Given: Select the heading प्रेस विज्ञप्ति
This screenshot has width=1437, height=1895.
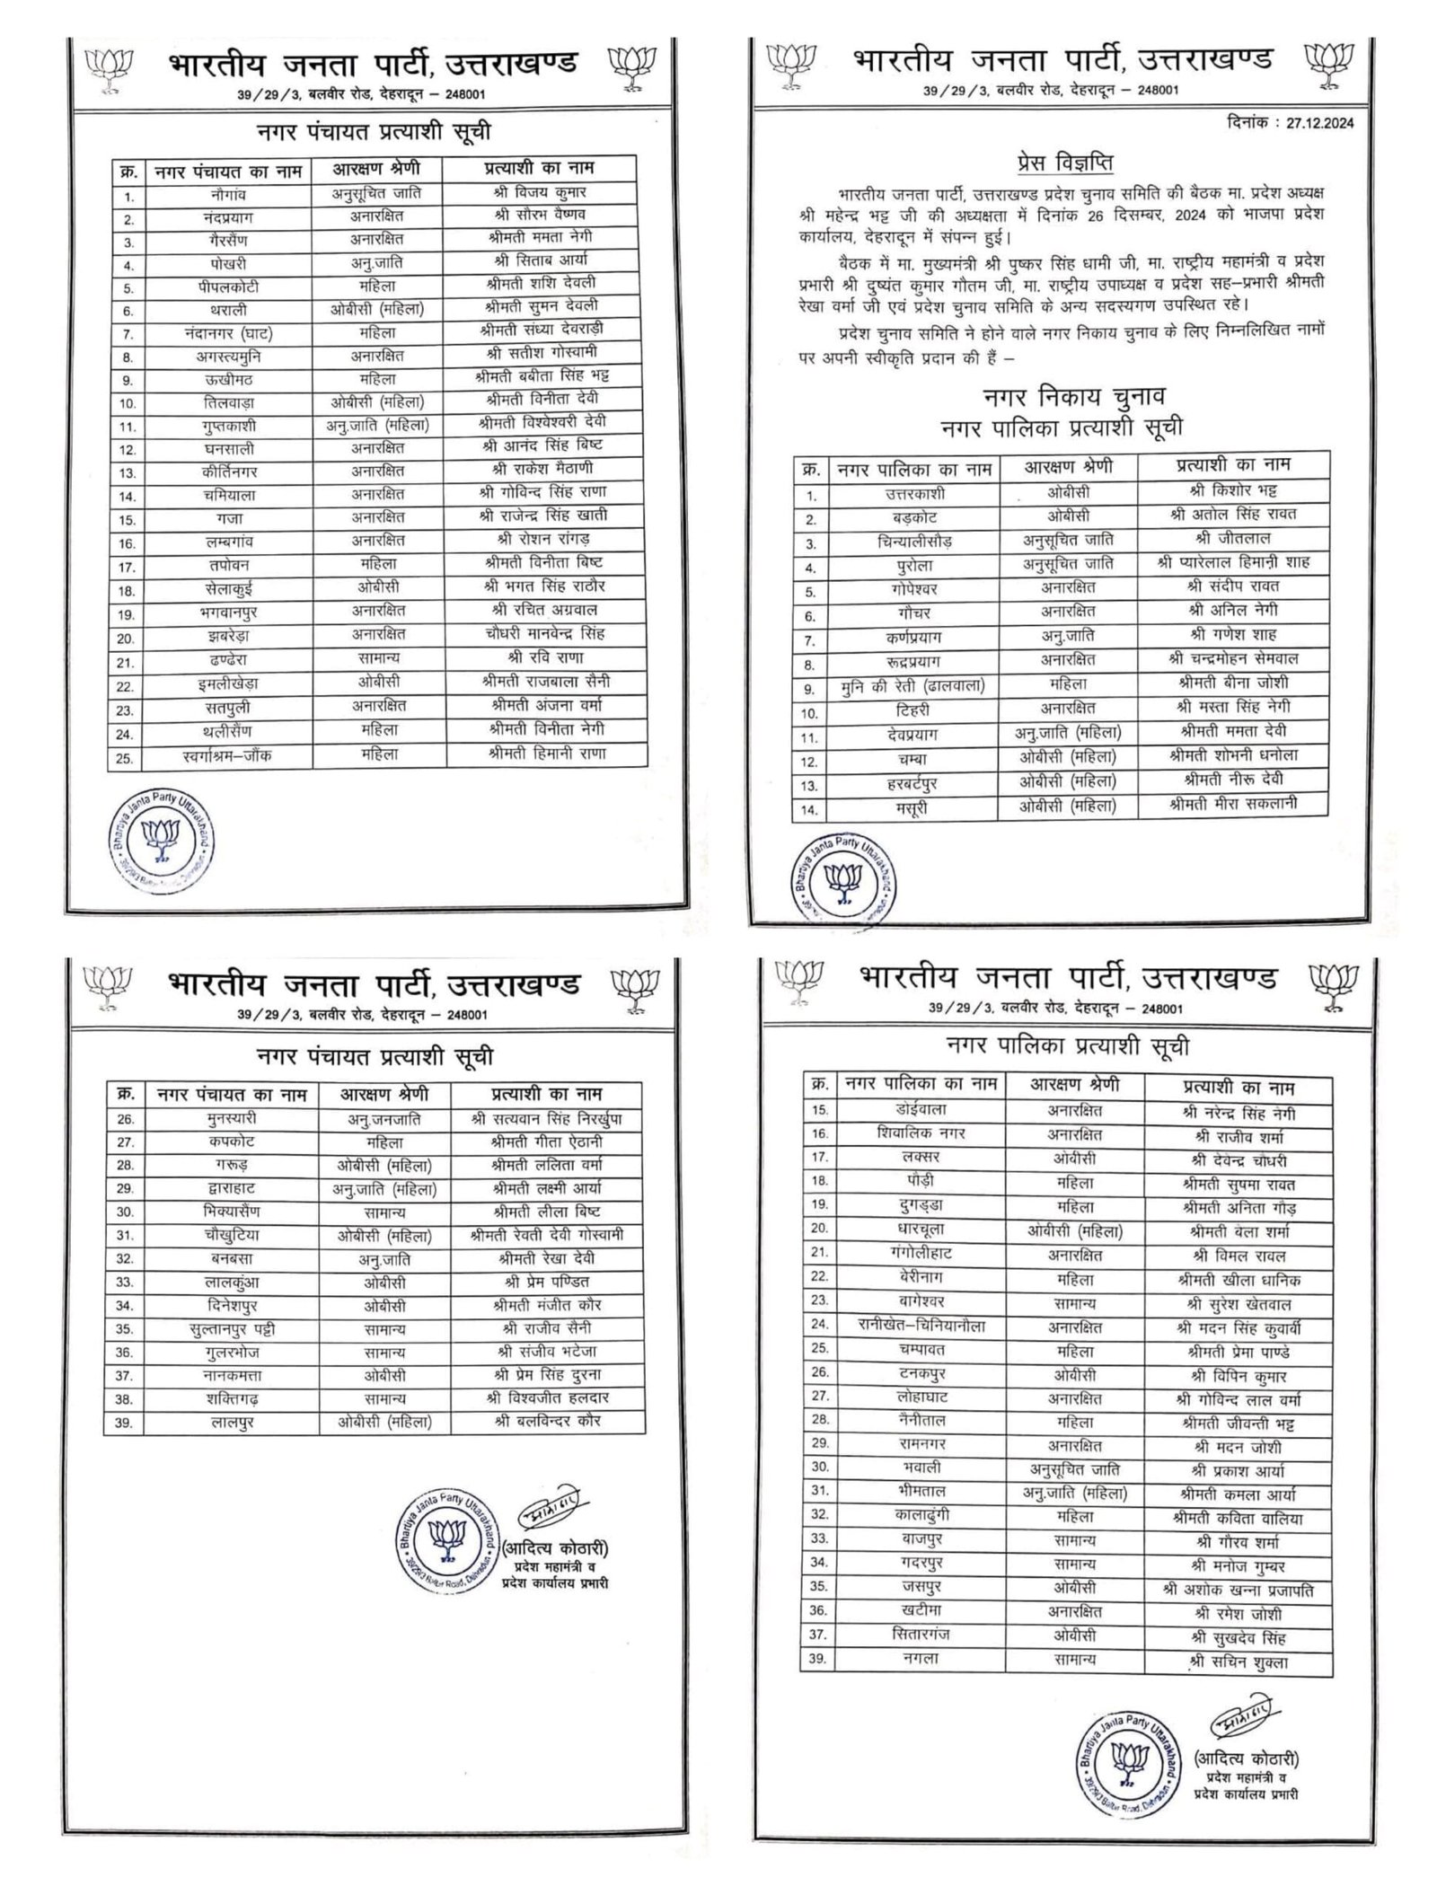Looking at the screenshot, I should coord(1059,163).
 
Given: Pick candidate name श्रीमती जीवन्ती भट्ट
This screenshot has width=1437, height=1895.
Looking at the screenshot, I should coord(1240,1423).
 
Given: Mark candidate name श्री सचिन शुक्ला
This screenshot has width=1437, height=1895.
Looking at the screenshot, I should coord(1240,1661).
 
